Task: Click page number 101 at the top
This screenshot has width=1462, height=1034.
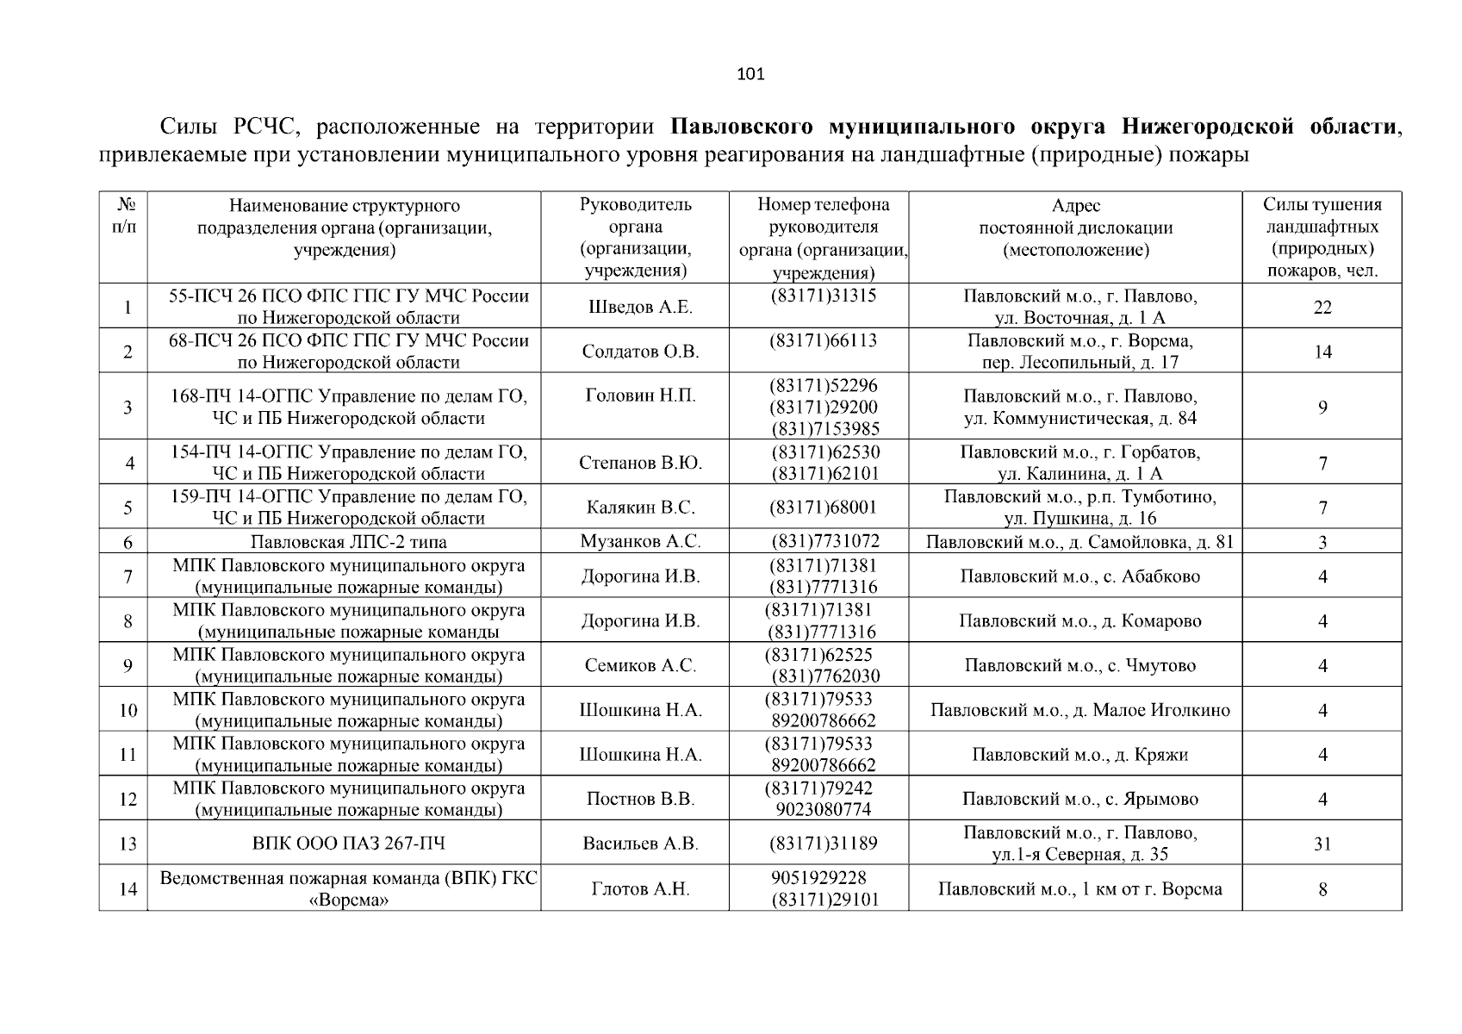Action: [750, 74]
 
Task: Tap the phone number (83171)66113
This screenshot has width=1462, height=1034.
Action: [823, 340]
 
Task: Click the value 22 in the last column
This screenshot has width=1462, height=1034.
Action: [1322, 308]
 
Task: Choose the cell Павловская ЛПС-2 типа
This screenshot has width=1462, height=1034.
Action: [348, 542]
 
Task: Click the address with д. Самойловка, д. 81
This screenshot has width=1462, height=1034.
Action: [1079, 542]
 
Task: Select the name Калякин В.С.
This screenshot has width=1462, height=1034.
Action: [638, 508]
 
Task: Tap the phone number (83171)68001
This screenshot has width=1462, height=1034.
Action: [823, 508]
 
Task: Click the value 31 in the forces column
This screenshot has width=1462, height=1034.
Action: [1322, 844]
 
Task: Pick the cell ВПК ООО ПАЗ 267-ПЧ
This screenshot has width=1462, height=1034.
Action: [348, 844]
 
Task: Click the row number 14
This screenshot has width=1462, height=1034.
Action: [128, 889]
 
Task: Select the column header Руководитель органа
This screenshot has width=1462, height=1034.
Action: [635, 237]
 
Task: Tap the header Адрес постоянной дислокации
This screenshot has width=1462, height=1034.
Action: [1075, 227]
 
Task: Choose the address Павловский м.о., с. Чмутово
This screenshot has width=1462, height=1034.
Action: [1079, 665]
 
